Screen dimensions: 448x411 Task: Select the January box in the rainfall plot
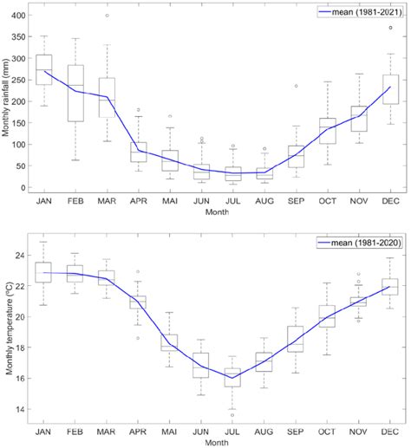click(x=44, y=69)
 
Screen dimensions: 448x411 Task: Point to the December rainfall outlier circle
click(x=390, y=28)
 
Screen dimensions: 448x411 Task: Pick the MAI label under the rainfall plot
click(x=170, y=202)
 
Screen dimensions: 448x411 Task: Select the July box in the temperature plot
click(x=233, y=377)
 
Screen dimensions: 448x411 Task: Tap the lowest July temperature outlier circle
click(x=233, y=415)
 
